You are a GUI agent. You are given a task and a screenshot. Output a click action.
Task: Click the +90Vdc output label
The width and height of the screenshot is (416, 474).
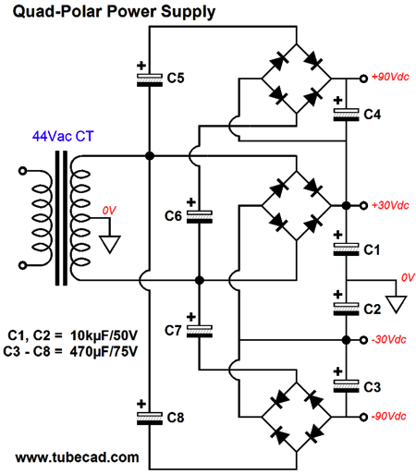(x=390, y=77)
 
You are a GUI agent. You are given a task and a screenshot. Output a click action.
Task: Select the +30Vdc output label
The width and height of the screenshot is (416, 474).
(x=390, y=205)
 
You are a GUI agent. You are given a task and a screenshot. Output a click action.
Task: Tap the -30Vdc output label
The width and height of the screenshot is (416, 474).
(x=389, y=339)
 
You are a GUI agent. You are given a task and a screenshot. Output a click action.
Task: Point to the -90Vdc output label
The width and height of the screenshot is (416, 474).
(x=389, y=417)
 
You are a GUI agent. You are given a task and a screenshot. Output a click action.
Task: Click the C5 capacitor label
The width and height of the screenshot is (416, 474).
(x=176, y=78)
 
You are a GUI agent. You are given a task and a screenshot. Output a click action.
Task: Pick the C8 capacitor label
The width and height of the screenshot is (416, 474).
(x=176, y=418)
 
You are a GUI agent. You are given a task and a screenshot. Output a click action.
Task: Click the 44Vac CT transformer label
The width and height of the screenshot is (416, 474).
(x=63, y=137)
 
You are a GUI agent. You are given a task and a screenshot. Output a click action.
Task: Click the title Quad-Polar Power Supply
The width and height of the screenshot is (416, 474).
(x=114, y=12)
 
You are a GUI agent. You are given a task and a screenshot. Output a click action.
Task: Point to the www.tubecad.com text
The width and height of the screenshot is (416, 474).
(x=77, y=457)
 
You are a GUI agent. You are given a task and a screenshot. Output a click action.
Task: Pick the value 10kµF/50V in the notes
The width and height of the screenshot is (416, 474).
(x=104, y=335)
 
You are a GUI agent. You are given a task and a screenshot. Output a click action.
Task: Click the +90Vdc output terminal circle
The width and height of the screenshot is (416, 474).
(x=364, y=79)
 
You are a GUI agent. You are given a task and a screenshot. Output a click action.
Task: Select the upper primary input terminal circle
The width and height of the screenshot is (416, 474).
(x=22, y=171)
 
